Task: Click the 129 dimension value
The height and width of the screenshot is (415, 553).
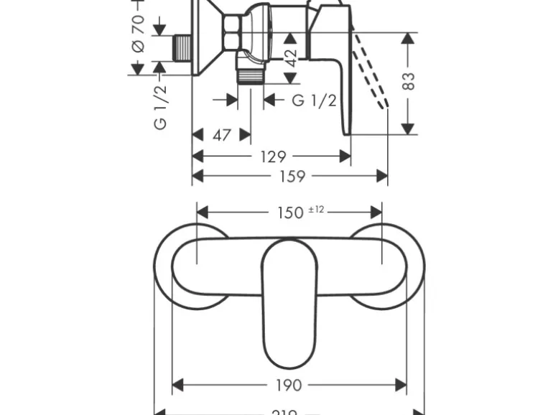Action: [x=272, y=157]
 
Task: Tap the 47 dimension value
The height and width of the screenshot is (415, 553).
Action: [x=222, y=134]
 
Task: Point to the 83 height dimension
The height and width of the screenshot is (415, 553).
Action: [x=409, y=81]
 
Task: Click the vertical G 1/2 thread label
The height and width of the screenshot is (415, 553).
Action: [x=161, y=106]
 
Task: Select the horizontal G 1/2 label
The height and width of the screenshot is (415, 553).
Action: [x=314, y=100]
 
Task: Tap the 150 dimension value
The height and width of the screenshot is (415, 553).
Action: [x=290, y=213]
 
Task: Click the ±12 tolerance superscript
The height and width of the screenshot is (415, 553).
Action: [x=316, y=209]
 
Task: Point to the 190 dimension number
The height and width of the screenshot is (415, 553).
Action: [x=288, y=386]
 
